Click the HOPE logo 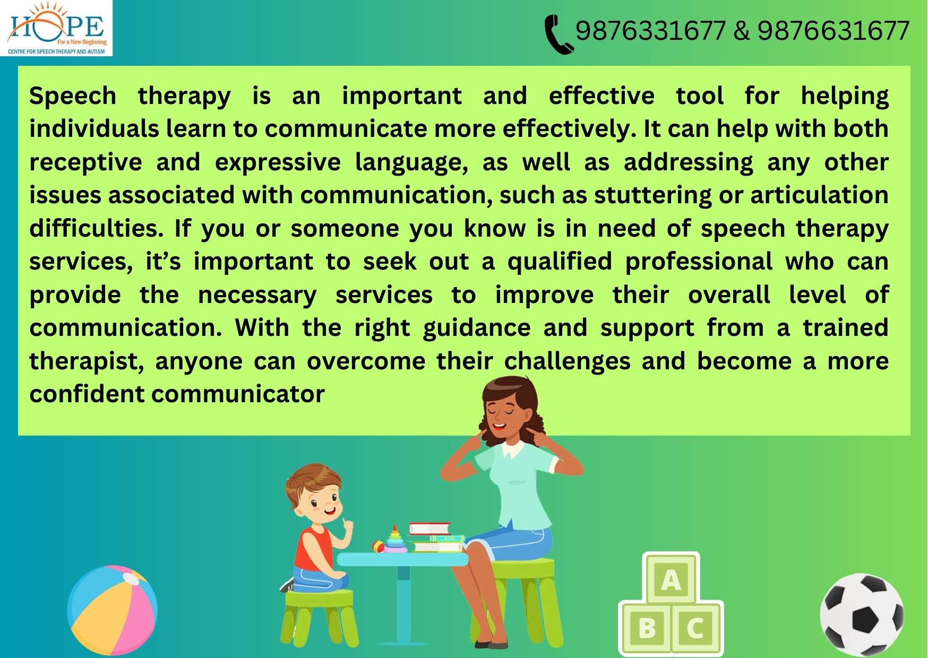click(56, 28)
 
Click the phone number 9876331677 click(650, 31)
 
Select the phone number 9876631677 click(833, 31)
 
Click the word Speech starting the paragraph click(73, 97)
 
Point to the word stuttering click(652, 196)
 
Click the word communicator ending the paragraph click(238, 394)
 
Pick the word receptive click(85, 163)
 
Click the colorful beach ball click(113, 610)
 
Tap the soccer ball click(862, 615)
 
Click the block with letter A click(671, 579)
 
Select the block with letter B click(647, 629)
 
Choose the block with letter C click(696, 629)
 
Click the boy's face click(319, 504)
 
